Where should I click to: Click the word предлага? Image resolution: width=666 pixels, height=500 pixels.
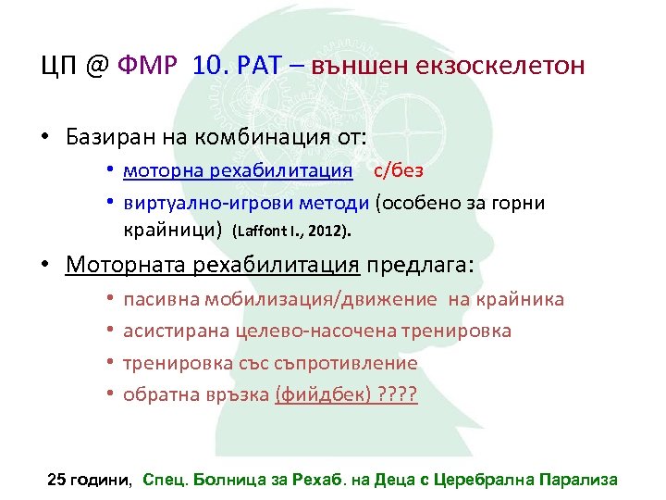[419, 266]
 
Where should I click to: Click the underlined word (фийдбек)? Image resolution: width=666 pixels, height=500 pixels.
[324, 395]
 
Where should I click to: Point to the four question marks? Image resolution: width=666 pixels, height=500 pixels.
[399, 395]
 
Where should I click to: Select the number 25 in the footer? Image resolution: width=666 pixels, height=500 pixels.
[57, 479]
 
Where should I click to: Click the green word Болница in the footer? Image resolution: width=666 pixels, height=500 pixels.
[234, 479]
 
